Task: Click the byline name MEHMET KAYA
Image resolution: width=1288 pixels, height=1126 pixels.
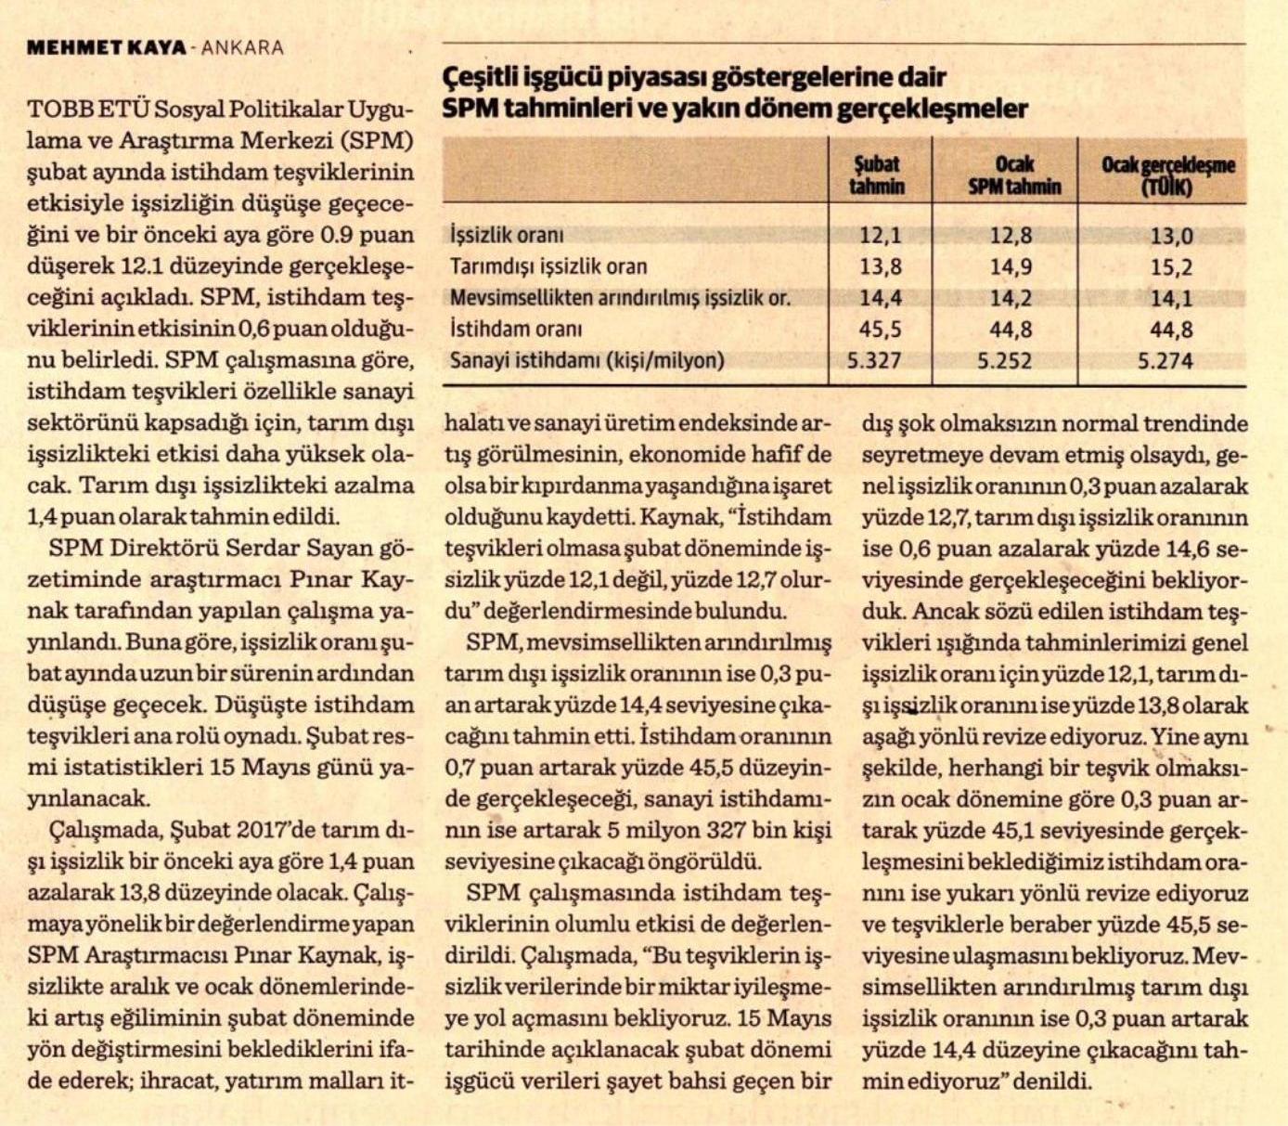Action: tap(107, 48)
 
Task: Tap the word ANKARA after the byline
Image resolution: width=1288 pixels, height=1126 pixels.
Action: tap(243, 48)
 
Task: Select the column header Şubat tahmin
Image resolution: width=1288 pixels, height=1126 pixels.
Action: tap(877, 175)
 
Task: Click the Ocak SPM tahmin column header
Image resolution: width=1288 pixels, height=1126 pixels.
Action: tap(1014, 175)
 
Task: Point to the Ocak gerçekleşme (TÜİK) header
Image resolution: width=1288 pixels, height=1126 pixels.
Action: tap(1167, 175)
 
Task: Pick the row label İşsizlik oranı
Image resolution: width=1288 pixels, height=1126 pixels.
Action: tap(507, 235)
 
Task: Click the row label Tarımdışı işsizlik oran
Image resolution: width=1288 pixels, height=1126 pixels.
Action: tap(548, 266)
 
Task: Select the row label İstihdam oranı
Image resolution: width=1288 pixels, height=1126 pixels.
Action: tap(516, 329)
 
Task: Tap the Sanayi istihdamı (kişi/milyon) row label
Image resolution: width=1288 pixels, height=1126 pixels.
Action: tap(586, 360)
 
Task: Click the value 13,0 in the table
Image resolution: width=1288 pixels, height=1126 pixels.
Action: tap(1171, 236)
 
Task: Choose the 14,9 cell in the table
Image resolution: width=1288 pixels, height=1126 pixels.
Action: tap(1011, 267)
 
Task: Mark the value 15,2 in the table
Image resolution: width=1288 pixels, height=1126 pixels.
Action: tap(1171, 267)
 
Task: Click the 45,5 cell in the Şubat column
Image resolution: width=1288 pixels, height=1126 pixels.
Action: tap(881, 330)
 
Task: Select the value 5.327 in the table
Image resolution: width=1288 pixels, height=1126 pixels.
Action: tap(874, 361)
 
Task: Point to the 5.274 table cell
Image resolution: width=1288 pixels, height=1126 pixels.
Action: tap(1166, 361)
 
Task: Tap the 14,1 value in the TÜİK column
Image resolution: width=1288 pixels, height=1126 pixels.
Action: tap(1171, 299)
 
